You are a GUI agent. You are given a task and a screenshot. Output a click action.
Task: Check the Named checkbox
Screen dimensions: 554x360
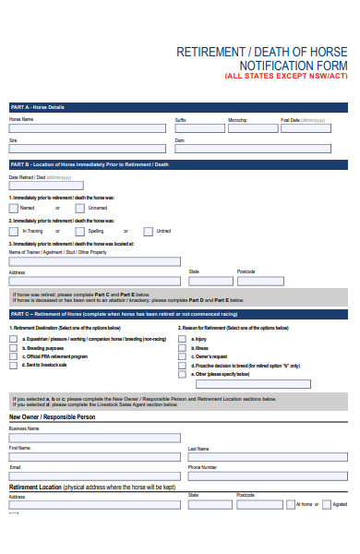point(14,208)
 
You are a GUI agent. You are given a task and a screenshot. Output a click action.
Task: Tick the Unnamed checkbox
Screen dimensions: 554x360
point(67,208)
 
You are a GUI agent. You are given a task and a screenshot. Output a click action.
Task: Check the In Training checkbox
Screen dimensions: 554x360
point(14,231)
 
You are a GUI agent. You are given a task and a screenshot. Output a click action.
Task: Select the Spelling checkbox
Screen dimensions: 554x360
point(67,231)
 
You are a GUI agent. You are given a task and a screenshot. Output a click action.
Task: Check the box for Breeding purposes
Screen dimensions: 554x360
point(14,348)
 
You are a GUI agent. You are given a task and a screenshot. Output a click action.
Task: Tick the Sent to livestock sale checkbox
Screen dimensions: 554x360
point(14,365)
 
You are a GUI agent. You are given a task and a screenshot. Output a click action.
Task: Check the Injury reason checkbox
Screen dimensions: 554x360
point(182,339)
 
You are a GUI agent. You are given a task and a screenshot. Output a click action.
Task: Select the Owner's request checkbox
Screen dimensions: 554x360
point(182,356)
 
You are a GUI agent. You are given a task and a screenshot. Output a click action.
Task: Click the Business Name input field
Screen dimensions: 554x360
point(95,438)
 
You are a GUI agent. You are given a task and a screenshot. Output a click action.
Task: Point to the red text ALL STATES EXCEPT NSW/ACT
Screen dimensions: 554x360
point(285,77)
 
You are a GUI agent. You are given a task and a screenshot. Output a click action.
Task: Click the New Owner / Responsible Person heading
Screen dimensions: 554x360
point(52,417)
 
